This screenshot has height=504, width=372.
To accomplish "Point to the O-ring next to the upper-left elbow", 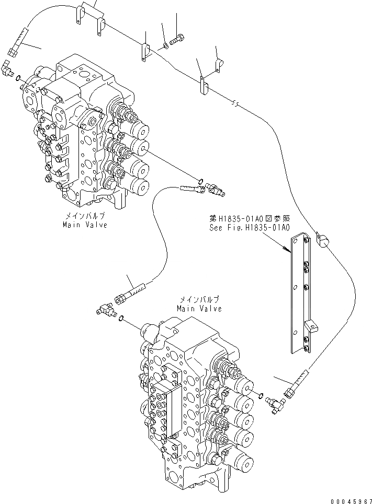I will (x=19, y=78).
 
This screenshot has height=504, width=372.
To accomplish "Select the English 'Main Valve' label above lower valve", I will (x=198, y=308).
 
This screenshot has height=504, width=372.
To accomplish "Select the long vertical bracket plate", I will (x=301, y=292).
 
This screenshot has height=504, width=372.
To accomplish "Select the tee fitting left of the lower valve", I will (x=105, y=310).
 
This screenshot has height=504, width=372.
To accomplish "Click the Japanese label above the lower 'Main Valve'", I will (x=198, y=300).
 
